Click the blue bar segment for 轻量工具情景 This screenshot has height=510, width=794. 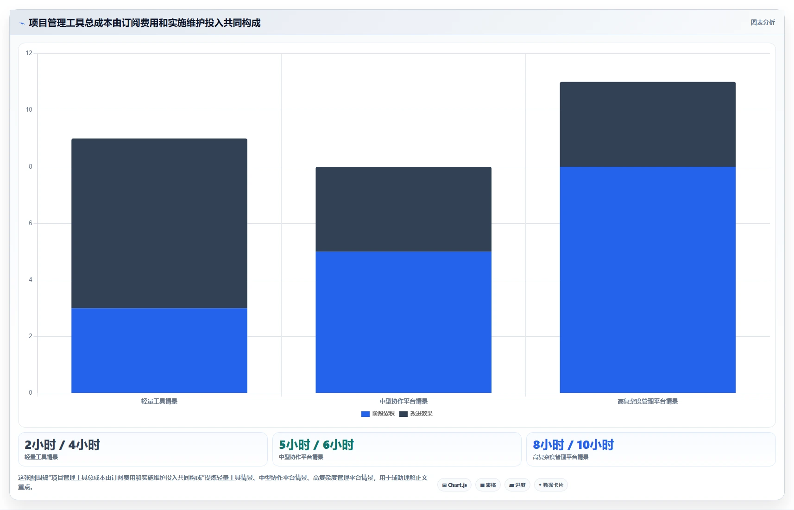[x=159, y=350]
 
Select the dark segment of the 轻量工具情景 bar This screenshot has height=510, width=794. [x=159, y=223]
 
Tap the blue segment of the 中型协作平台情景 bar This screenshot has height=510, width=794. [x=403, y=322]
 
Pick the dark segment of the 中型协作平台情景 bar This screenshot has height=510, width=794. [x=403, y=209]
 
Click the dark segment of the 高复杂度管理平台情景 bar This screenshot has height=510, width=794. [x=648, y=125]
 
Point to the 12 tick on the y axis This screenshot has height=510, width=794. [x=29, y=53]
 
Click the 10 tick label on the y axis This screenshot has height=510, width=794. [x=29, y=110]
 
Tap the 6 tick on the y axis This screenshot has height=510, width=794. [x=31, y=223]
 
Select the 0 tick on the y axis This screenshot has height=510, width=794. [x=31, y=393]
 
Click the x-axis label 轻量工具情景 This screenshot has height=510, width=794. [x=159, y=401]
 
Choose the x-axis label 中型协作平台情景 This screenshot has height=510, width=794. [x=403, y=401]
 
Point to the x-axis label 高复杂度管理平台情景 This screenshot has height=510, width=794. [x=648, y=401]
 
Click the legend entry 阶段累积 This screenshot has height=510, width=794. [x=378, y=414]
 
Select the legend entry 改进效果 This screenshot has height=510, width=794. [x=416, y=414]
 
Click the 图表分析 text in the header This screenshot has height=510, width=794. [x=763, y=22]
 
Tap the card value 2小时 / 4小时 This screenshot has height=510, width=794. [x=63, y=445]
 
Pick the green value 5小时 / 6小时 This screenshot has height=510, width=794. [x=316, y=445]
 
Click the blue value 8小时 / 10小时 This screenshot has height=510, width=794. [x=573, y=445]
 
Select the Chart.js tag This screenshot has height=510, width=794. [x=454, y=485]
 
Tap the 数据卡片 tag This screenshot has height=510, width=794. [x=551, y=485]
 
